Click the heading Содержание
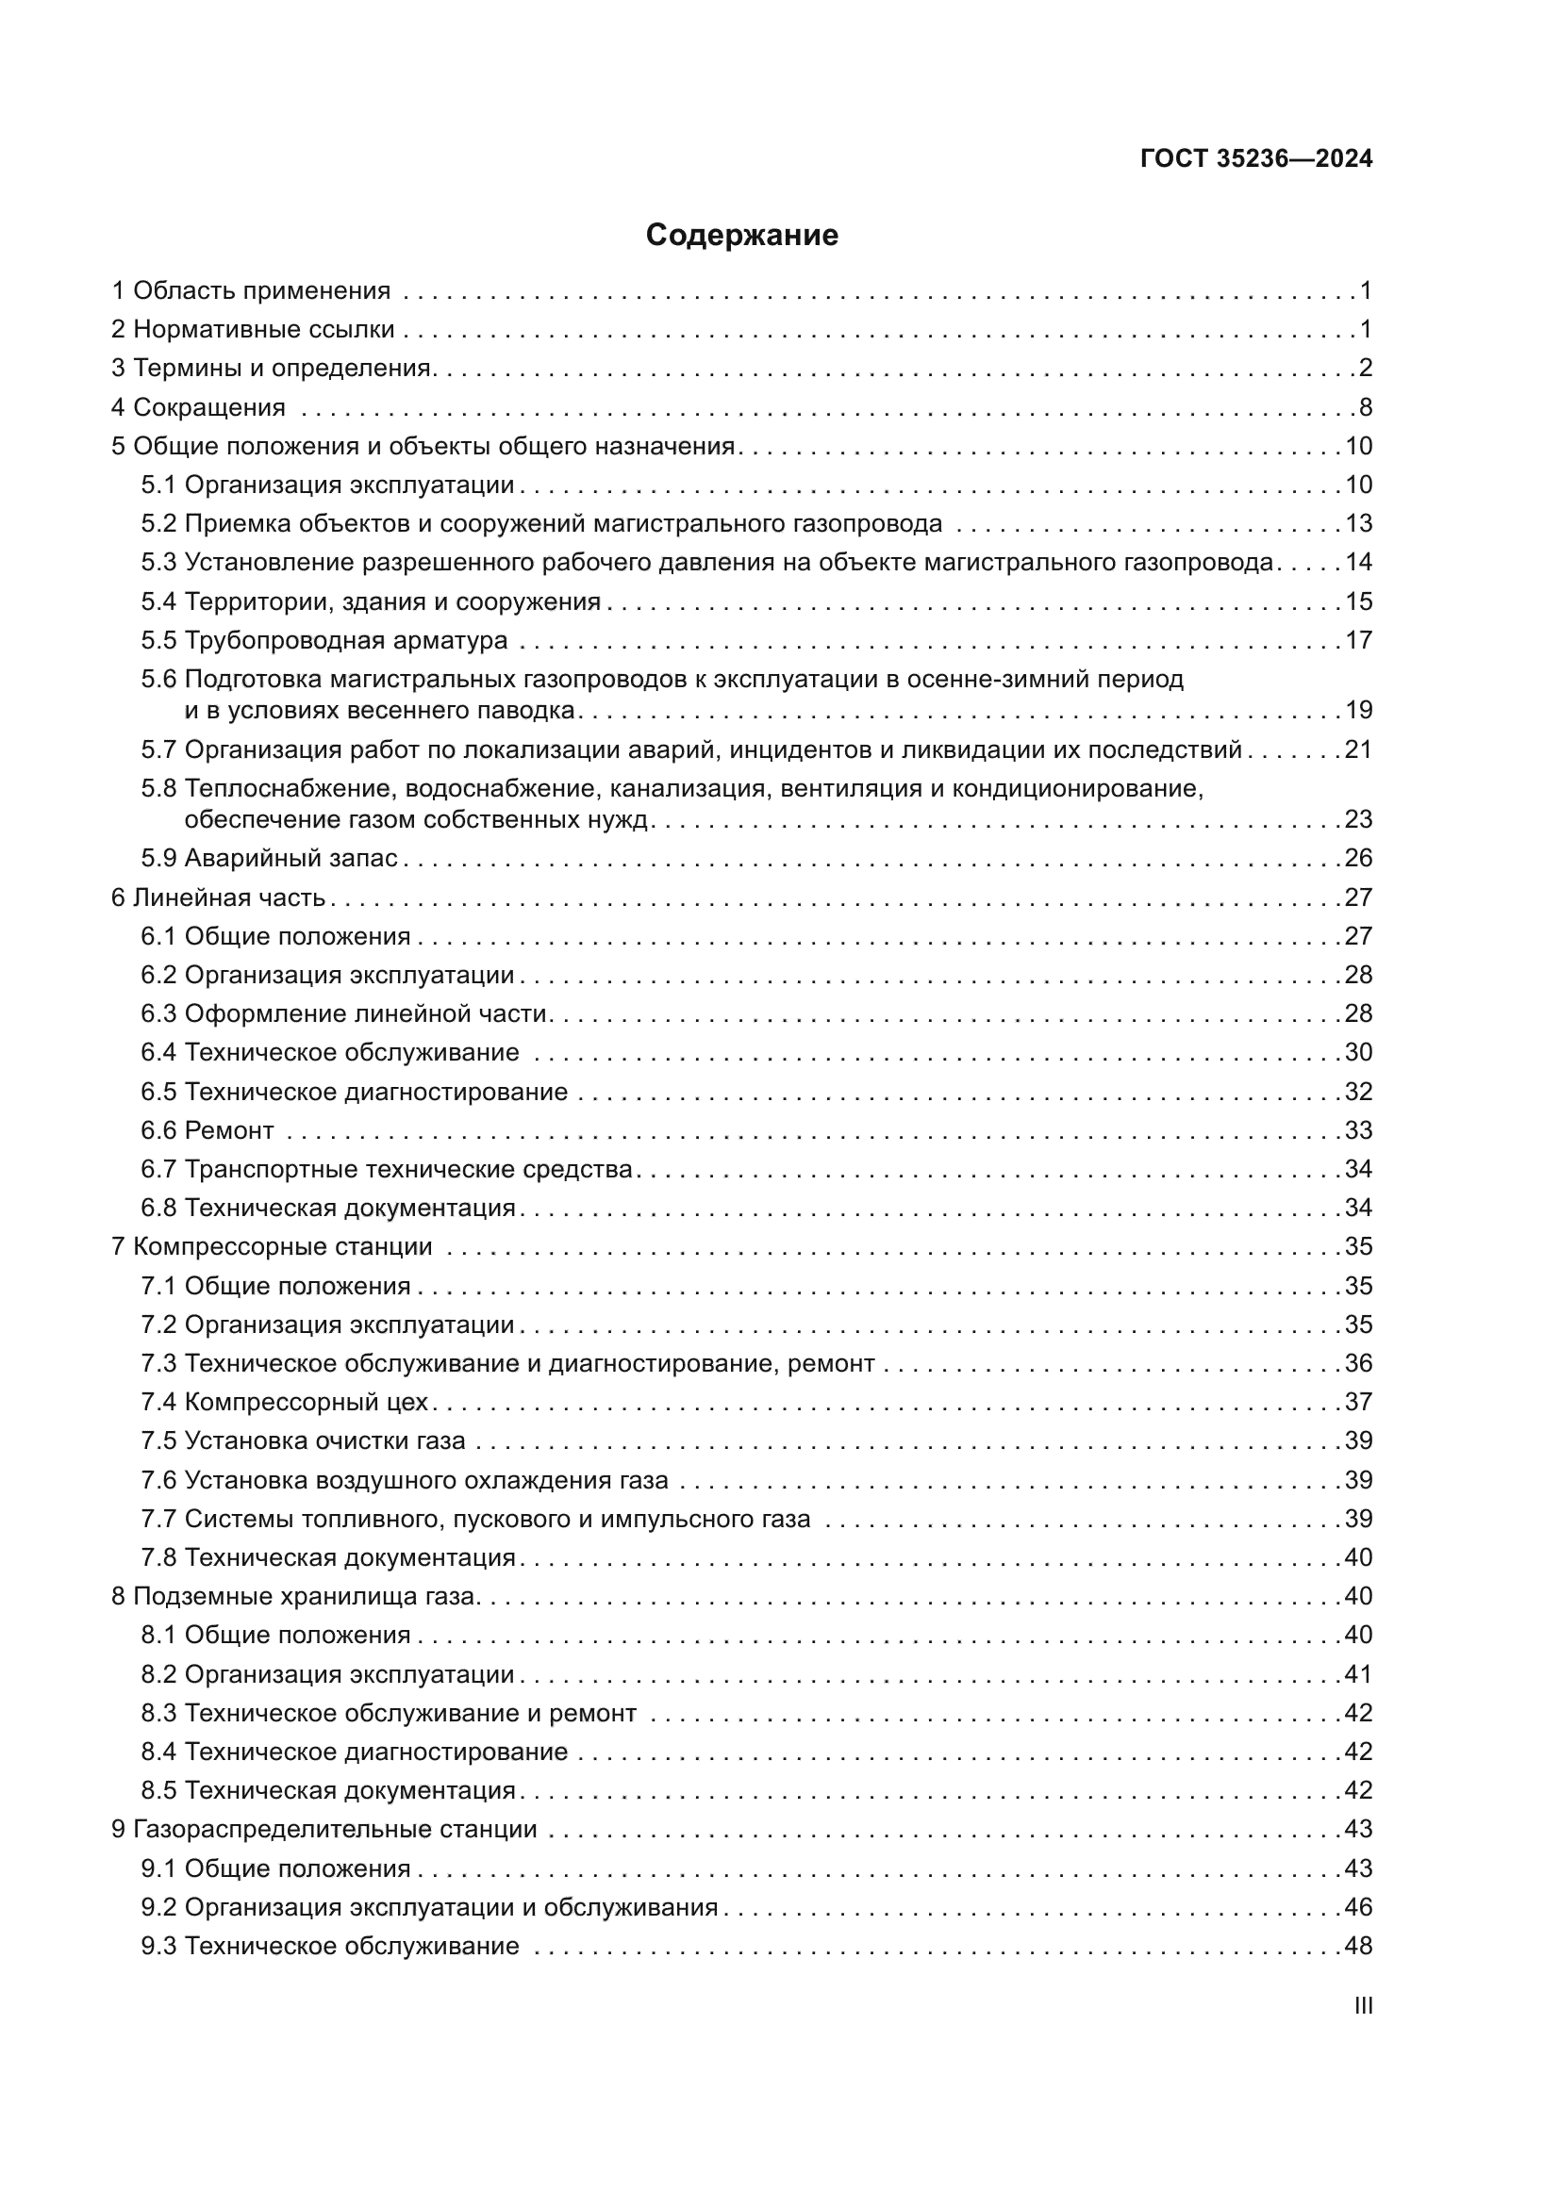741,236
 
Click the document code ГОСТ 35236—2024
1255,159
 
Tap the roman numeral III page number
1362,2005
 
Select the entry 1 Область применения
251,291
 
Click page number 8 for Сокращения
1365,407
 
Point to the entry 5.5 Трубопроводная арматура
324,639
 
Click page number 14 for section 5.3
1358,562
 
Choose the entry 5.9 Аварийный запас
269,858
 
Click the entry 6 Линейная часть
218,897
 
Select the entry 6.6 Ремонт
207,1130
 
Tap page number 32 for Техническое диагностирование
1358,1091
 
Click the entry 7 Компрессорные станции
272,1246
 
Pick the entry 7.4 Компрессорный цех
284,1402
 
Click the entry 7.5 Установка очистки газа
303,1440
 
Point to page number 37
1358,1402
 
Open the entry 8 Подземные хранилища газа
294,1596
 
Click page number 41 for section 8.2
1358,1674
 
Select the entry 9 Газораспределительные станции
324,1830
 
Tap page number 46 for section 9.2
1358,1907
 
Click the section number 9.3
158,1947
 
